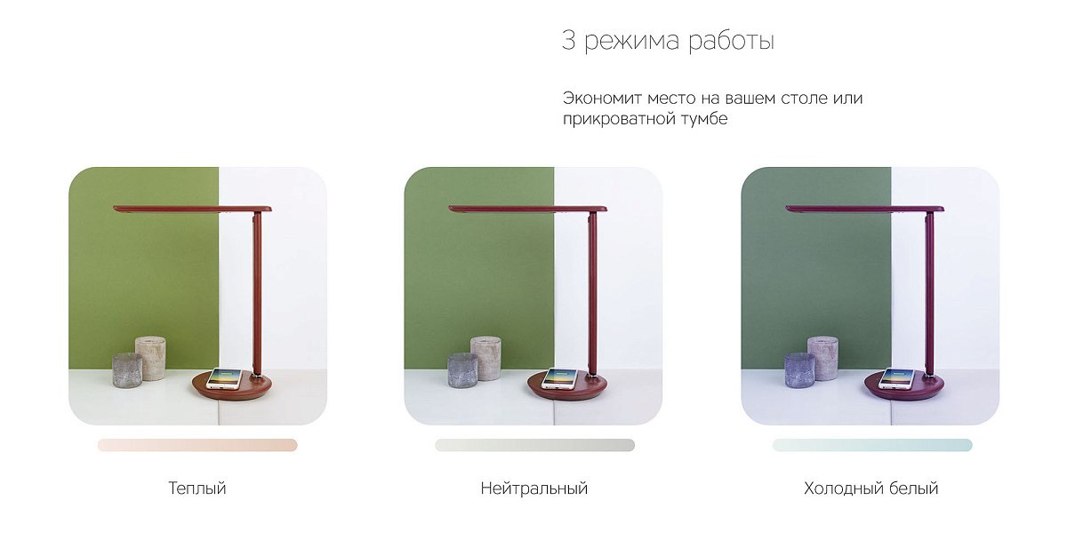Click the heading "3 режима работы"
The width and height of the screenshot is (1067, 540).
point(668,41)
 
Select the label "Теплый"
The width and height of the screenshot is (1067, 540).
point(197,488)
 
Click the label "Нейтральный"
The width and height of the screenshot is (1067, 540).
point(534,488)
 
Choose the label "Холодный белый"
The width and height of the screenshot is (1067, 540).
point(870,488)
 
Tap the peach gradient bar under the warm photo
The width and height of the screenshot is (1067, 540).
point(197,445)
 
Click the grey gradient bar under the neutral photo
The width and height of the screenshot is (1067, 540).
point(534,445)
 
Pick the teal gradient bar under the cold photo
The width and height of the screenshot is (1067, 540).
point(872,445)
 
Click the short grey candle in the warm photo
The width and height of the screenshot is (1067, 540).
point(127,370)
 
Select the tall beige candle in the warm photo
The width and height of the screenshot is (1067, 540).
point(151,358)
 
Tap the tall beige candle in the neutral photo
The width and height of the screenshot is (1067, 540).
point(486,358)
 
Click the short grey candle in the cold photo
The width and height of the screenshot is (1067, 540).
point(799,370)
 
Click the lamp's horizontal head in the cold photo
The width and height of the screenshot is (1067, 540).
point(864,209)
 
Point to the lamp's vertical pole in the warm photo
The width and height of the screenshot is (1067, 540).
point(257,293)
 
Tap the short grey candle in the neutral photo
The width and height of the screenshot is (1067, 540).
point(462,370)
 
